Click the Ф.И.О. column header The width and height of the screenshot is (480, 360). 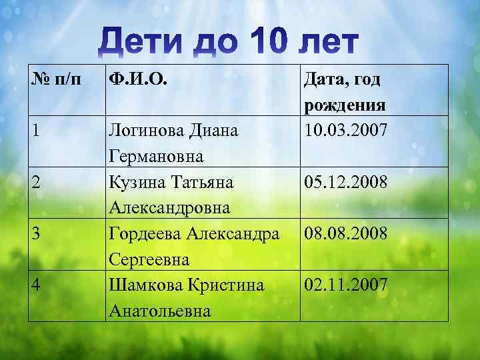point(138,81)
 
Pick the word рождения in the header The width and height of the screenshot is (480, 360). point(345,107)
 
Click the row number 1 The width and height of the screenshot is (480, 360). point(35,130)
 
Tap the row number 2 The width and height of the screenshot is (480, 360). point(37,181)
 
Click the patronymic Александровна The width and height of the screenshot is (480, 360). point(170,208)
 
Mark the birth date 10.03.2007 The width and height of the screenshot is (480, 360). point(345,130)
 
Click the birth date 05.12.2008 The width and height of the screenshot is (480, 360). point(345,181)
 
